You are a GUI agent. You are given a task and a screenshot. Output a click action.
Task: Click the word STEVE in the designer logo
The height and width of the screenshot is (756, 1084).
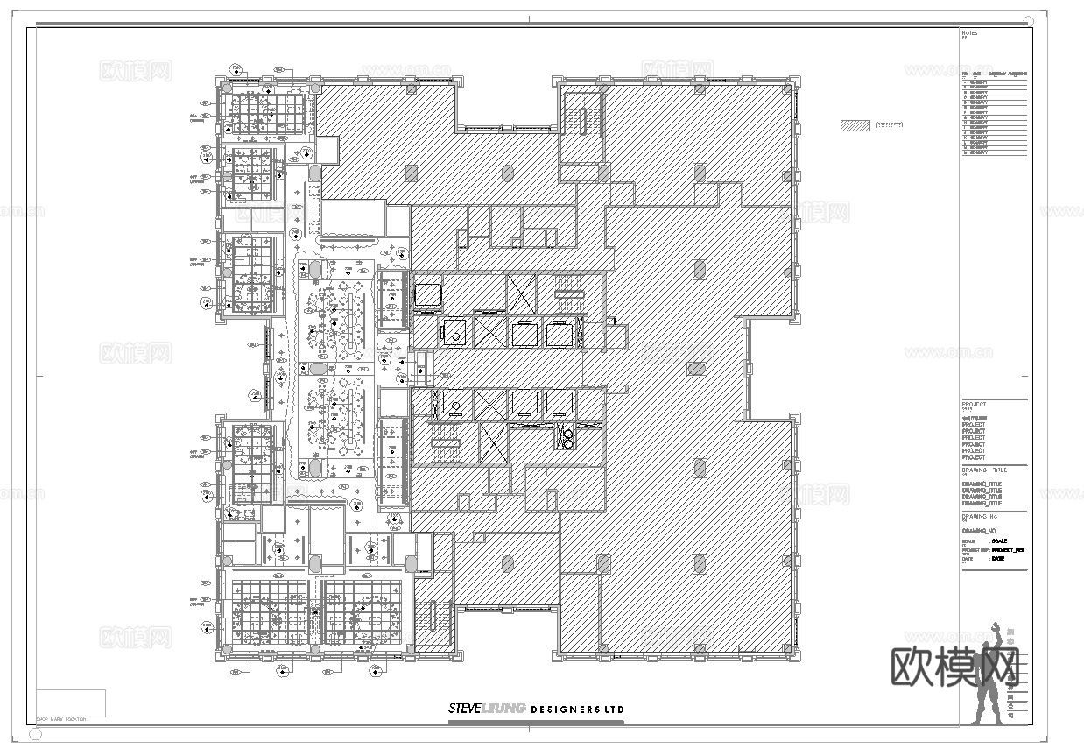click(x=464, y=709)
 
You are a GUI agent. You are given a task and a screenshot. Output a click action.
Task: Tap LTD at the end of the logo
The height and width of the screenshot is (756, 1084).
click(x=614, y=709)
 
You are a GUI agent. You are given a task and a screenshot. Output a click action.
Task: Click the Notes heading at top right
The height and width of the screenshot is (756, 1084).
click(x=969, y=33)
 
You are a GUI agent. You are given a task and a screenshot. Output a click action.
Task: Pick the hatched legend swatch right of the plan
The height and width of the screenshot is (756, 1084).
click(x=855, y=125)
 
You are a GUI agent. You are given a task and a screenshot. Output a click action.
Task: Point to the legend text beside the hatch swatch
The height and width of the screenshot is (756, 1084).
click(x=889, y=125)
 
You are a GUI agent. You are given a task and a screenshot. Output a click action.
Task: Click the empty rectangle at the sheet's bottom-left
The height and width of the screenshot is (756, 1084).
click(x=71, y=703)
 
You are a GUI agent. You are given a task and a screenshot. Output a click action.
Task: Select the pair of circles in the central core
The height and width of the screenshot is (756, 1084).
click(x=567, y=437)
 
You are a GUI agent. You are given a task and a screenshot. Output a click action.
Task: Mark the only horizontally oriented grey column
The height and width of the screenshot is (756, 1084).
click(x=696, y=369)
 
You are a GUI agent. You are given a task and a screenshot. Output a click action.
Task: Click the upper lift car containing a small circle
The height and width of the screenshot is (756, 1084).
click(x=454, y=333)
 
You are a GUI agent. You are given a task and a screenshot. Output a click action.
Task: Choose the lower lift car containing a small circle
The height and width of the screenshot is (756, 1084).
click(x=454, y=402)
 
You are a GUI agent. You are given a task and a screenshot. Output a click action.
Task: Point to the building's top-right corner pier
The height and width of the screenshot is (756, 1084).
click(x=793, y=83)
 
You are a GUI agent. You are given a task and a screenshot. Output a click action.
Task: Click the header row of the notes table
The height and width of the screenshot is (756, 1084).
click(x=994, y=74)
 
